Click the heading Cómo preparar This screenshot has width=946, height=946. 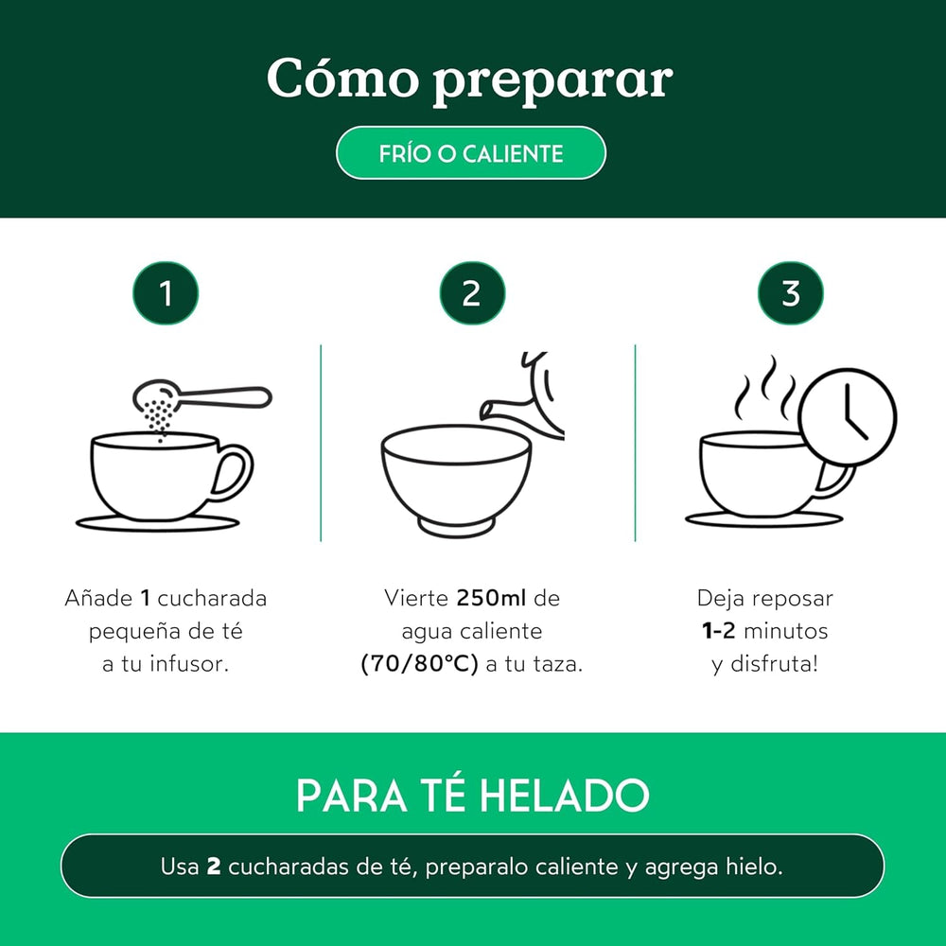[x=470, y=80]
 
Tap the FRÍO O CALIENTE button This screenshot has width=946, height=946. [x=470, y=153]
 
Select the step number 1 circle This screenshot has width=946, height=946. [x=166, y=293]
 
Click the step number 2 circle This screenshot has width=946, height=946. [x=472, y=293]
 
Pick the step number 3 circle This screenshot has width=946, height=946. [x=791, y=293]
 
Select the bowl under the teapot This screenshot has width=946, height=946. [x=456, y=478]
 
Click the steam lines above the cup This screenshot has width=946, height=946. [x=766, y=388]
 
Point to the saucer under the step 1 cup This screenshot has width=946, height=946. [x=158, y=522]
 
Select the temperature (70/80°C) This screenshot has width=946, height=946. [x=420, y=664]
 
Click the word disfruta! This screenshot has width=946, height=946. [x=776, y=664]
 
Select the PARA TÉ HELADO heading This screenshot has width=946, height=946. [x=472, y=796]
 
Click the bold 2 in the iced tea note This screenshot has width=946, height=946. [x=214, y=867]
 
